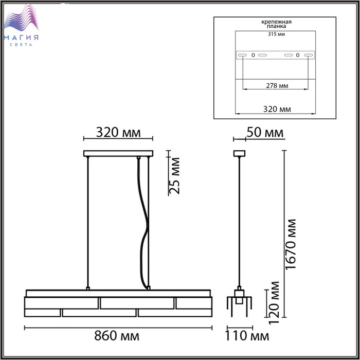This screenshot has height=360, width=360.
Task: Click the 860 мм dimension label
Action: coord(117,336)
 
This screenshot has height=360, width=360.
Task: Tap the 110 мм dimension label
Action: coord(247,336)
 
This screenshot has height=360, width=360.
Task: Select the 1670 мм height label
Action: coord(291,244)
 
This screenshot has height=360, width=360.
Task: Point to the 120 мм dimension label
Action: coord(274,302)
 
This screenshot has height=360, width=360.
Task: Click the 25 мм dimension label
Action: coord(174,176)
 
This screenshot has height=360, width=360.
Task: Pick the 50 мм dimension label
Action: coord(265,133)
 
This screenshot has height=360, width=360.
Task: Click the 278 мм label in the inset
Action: coord(277,86)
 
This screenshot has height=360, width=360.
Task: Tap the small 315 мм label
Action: coord(277,34)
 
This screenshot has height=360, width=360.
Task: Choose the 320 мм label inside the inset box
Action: coord(277,109)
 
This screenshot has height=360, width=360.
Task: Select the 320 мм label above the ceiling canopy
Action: coord(118,133)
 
